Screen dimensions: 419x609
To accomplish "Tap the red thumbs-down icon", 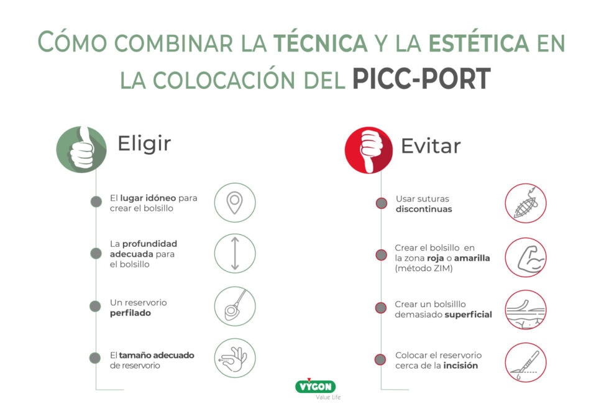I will click(369, 150).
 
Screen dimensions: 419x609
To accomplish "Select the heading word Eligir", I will click(144, 144).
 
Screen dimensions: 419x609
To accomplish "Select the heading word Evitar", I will click(431, 146).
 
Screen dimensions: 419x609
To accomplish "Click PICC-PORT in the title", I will click(421, 79).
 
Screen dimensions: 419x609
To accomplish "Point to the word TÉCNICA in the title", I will click(320, 42).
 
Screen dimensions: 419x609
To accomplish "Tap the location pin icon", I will click(234, 203).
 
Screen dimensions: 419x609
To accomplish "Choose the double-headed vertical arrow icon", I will click(234, 254).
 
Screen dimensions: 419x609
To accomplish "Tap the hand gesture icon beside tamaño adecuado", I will click(234, 358).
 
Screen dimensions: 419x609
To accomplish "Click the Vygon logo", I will click(315, 387).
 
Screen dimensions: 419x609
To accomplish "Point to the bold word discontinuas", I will click(424, 209).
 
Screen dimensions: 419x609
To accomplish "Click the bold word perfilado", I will click(130, 313).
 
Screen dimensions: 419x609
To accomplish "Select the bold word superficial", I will click(468, 315).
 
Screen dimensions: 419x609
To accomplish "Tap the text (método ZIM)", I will click(423, 269).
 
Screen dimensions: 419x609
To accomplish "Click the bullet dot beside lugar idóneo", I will click(96, 201).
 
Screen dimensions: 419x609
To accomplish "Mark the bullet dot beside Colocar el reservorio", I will click(381, 359).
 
